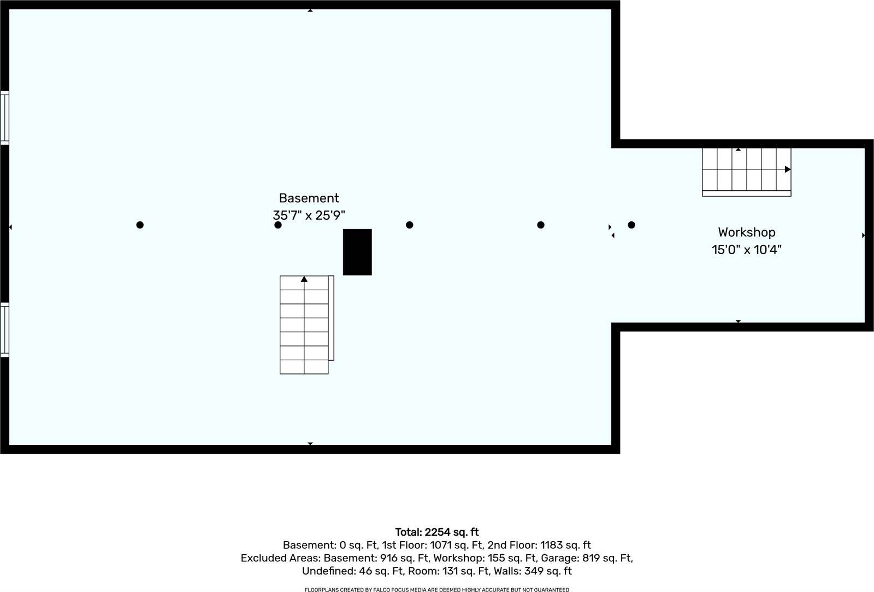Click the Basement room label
click(309, 198)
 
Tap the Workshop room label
click(746, 232)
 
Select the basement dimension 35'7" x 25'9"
click(309, 215)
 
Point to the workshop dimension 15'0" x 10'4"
click(746, 249)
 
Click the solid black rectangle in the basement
click(357, 252)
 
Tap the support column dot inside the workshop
click(631, 225)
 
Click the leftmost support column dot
click(140, 225)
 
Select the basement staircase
click(306, 325)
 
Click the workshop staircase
click(746, 172)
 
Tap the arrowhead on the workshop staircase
click(787, 169)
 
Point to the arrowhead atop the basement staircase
click(304, 279)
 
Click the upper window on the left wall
click(5, 118)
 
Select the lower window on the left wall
click(5, 330)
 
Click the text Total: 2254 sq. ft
click(436, 532)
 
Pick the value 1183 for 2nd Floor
click(552, 545)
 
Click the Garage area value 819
click(591, 558)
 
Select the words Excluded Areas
click(281, 558)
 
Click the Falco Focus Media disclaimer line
click(436, 590)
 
